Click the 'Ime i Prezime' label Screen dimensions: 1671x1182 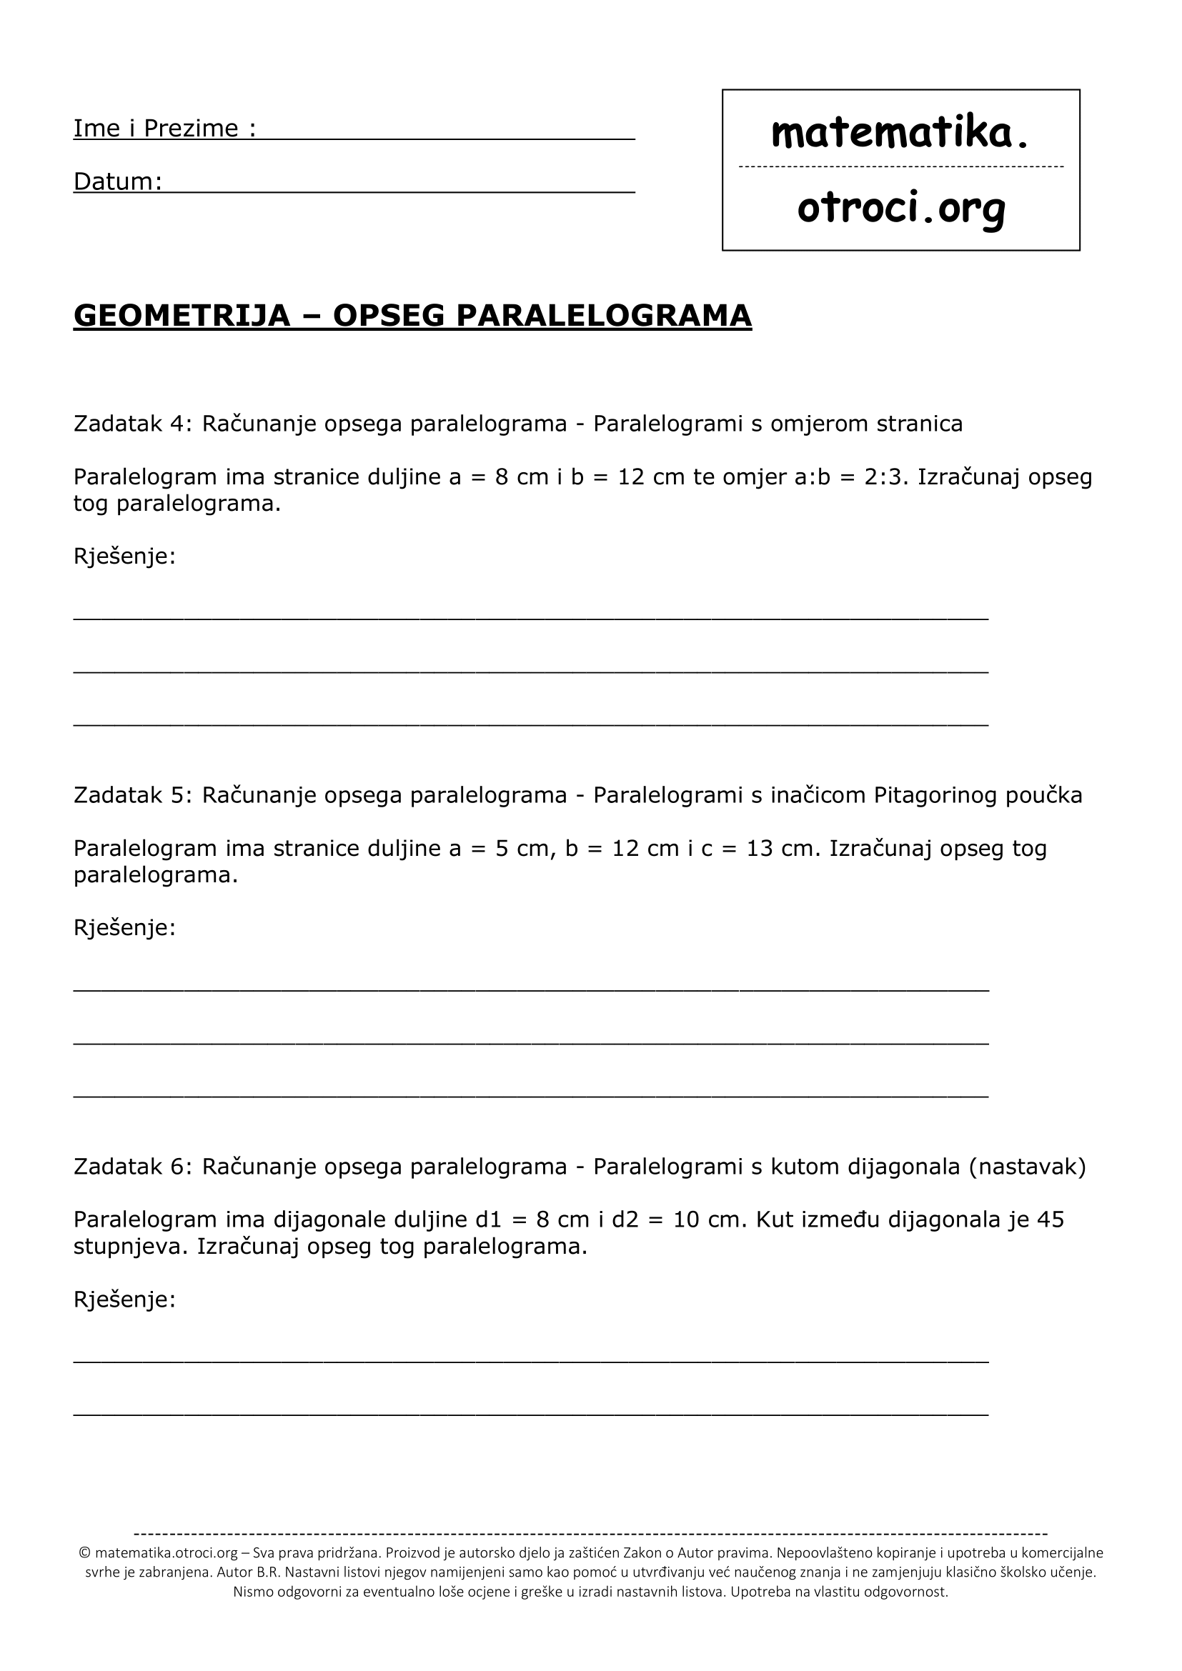click(156, 128)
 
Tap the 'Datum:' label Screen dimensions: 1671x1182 click(117, 181)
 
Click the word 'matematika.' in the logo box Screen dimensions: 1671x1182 click(900, 132)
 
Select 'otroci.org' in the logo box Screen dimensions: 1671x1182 click(901, 209)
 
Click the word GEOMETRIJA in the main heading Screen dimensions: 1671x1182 click(182, 315)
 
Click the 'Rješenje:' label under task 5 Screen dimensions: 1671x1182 click(124, 928)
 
